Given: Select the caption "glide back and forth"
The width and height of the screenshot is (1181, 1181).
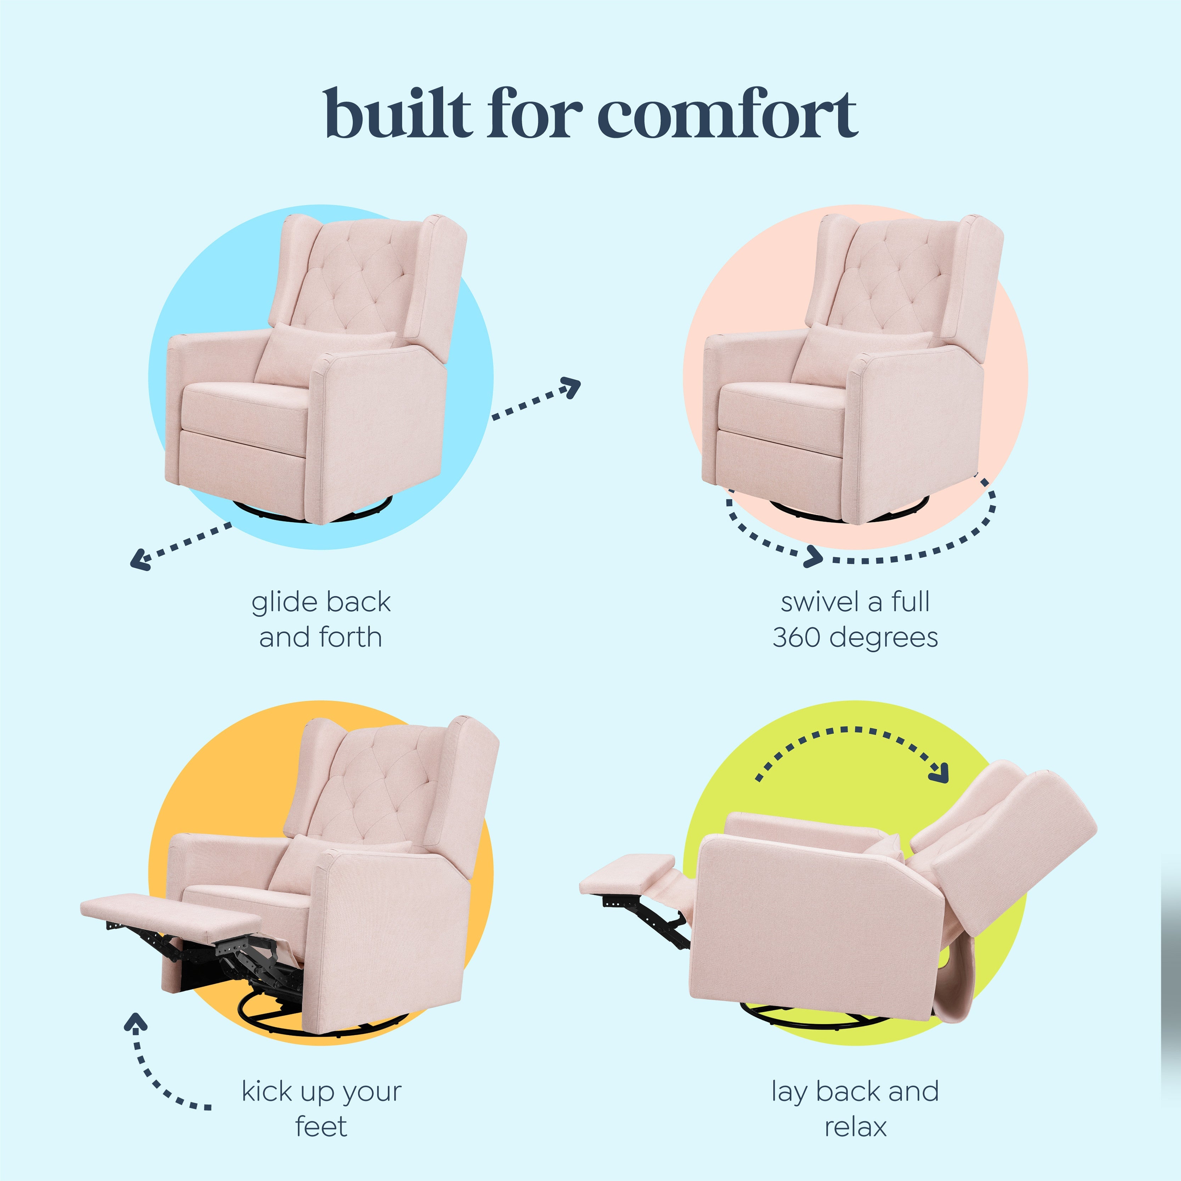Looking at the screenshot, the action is (x=321, y=619).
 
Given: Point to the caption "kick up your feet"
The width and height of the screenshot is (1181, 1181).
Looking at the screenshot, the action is (x=321, y=1108).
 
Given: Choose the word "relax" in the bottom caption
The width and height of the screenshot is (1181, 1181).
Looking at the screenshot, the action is (x=855, y=1126).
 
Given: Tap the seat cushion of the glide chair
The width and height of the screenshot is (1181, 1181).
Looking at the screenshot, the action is (x=244, y=406).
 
